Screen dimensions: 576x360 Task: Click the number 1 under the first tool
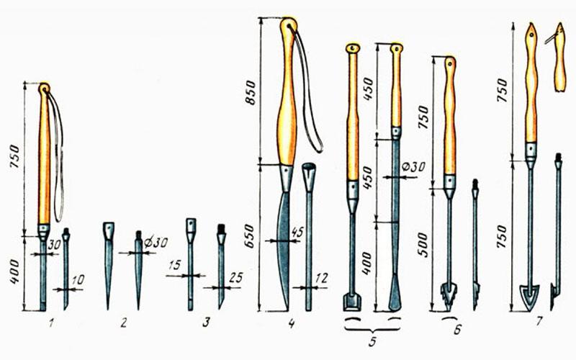(50, 323)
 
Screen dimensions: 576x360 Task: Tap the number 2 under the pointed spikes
(123, 323)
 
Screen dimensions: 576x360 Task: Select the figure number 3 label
(206, 323)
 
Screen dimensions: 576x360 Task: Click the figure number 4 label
(292, 323)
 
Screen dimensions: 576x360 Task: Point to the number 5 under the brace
(372, 341)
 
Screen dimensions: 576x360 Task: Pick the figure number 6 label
(456, 329)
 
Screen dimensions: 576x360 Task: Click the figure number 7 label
(539, 322)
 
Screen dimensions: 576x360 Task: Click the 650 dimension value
(250, 236)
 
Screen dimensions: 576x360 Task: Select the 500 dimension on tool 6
(423, 245)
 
